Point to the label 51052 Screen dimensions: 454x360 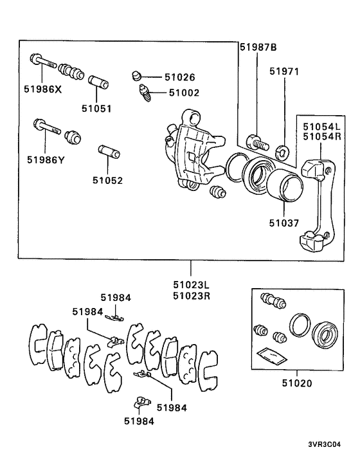(107, 181)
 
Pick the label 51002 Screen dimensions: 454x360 (184, 93)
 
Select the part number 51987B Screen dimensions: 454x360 (258, 47)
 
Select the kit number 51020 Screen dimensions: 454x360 (297, 383)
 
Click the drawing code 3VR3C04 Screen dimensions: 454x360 (331, 443)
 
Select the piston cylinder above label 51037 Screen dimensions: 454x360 (283, 189)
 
